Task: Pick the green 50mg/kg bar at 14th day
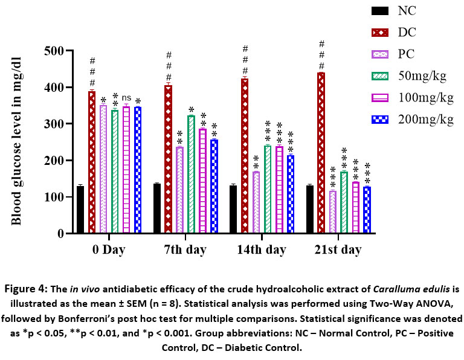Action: point(267,189)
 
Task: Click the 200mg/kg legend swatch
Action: point(379,119)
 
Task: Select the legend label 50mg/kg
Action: point(422,76)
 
